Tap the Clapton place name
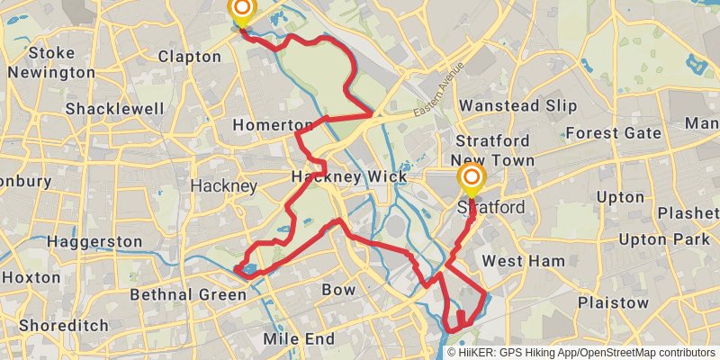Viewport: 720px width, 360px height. pyautogui.click(x=189, y=57)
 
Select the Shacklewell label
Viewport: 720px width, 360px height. pyautogui.click(x=115, y=109)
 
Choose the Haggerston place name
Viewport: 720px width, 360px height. pyautogui.click(x=94, y=242)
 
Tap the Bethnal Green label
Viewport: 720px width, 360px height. pyautogui.click(x=188, y=294)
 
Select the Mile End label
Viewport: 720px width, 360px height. pyautogui.click(x=300, y=339)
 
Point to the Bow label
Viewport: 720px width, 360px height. pyautogui.click(x=338, y=290)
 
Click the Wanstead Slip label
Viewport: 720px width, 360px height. pyautogui.click(x=517, y=105)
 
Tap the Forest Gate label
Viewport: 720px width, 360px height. pyautogui.click(x=613, y=133)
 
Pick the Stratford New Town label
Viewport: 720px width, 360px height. pyautogui.click(x=495, y=151)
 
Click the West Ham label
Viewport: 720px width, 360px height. pyautogui.click(x=524, y=261)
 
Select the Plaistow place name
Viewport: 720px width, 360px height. pyautogui.click(x=613, y=302)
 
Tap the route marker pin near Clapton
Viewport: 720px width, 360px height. pyautogui.click(x=241, y=12)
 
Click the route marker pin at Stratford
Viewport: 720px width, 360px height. pyautogui.click(x=471, y=178)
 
